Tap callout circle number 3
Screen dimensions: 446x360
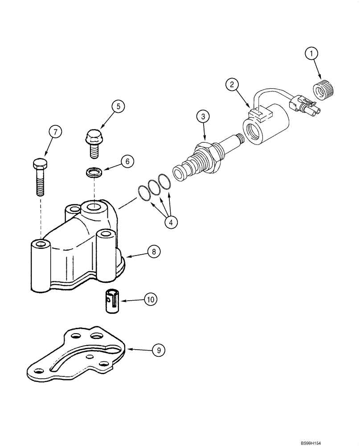204,117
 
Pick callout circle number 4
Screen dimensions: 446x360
171,222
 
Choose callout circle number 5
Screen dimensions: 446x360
118,106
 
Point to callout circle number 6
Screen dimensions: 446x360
127,161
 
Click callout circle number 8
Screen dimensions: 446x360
153,252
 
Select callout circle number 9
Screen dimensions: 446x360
157,351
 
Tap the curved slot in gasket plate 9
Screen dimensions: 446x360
85,357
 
